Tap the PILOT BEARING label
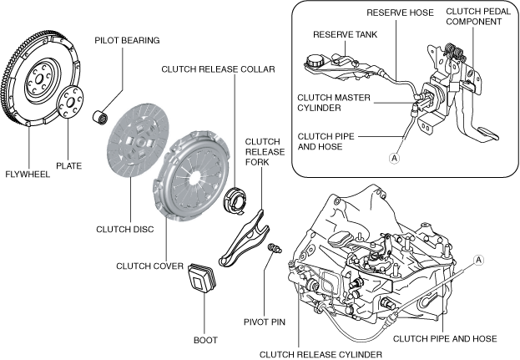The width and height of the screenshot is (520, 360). click(127, 40)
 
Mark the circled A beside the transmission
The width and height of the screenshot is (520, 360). click(479, 260)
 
